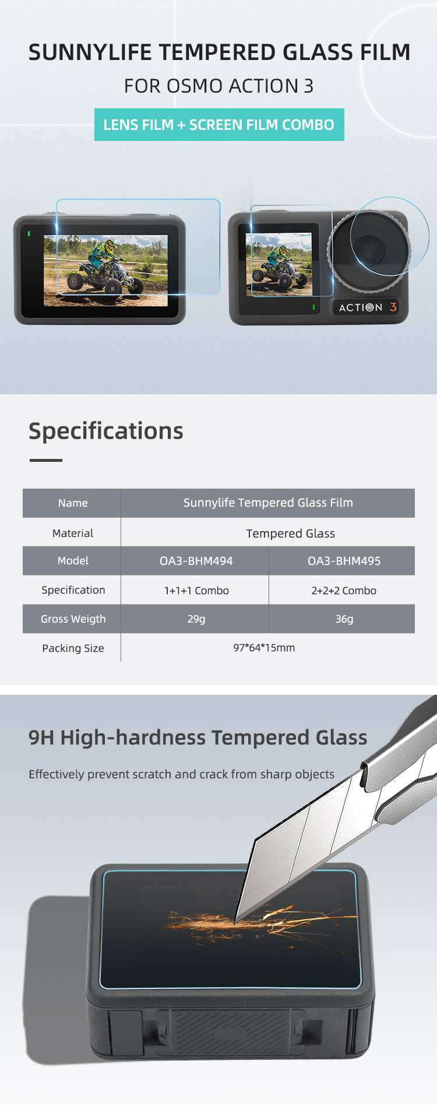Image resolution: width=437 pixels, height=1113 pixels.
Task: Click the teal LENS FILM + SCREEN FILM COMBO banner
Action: tap(219, 125)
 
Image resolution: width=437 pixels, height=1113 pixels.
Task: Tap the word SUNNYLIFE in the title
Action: tap(90, 52)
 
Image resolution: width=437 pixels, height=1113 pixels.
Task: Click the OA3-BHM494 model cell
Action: tap(196, 561)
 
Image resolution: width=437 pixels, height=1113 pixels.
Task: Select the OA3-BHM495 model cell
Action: tap(344, 561)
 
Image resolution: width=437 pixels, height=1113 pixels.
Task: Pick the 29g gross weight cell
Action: tap(196, 619)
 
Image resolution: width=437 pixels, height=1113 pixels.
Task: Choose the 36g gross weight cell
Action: tap(344, 619)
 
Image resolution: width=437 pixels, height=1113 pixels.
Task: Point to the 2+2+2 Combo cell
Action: tap(344, 591)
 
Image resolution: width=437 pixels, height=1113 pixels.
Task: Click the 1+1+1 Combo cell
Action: tap(196, 591)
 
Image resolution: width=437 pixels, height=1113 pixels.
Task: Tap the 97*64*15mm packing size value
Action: tap(264, 648)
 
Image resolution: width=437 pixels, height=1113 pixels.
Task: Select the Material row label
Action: tap(73, 533)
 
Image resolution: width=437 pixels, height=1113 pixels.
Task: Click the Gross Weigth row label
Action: tap(73, 619)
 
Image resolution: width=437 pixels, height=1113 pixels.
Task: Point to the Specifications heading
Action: tap(106, 431)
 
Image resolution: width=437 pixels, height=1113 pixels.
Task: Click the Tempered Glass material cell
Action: tap(290, 533)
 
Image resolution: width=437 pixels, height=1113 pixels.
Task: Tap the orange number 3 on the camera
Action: tap(393, 307)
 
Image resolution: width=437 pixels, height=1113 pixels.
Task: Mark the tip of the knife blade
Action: tap(235, 923)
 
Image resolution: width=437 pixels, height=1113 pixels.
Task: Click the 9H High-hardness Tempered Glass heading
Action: tap(198, 738)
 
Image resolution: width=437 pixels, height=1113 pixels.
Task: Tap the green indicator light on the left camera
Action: tap(29, 234)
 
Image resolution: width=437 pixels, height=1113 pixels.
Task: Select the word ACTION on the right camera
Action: tap(361, 307)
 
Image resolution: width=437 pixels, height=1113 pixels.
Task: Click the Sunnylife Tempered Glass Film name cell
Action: tap(268, 503)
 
